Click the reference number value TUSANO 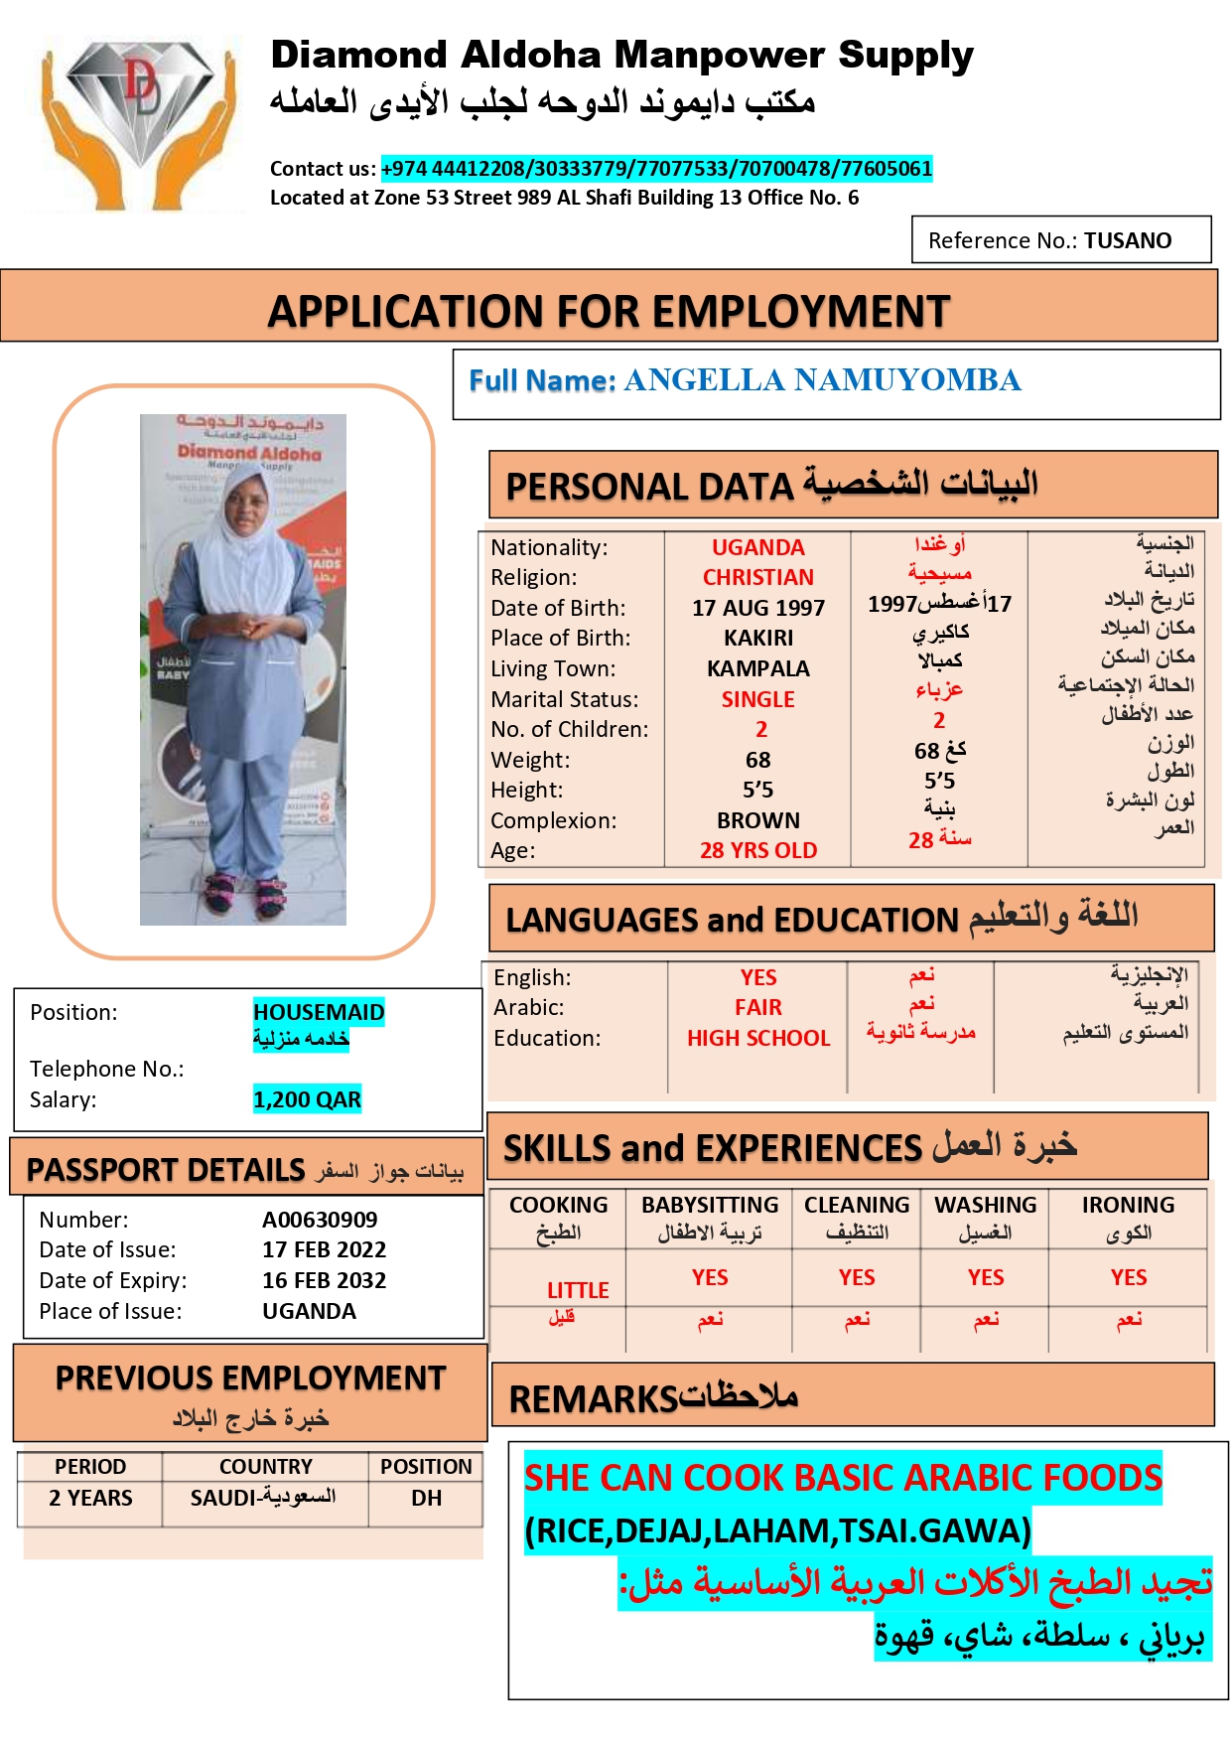click(1127, 240)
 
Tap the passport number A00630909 click(320, 1220)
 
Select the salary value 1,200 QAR click(307, 1099)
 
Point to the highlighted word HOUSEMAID click(319, 1012)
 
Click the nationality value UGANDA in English click(757, 547)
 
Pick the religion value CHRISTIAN click(757, 577)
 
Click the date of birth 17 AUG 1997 click(757, 608)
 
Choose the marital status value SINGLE click(757, 699)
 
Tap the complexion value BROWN click(757, 820)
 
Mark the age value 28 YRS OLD click(757, 850)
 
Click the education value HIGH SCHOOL click(757, 1038)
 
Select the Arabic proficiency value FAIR click(757, 1007)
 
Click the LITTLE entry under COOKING click(578, 1290)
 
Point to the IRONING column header click(1128, 1205)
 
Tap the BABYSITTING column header click(710, 1205)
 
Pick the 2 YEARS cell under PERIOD click(90, 1498)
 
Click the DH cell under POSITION click(426, 1498)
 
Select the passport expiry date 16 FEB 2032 click(324, 1280)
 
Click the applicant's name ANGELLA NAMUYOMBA click(821, 380)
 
